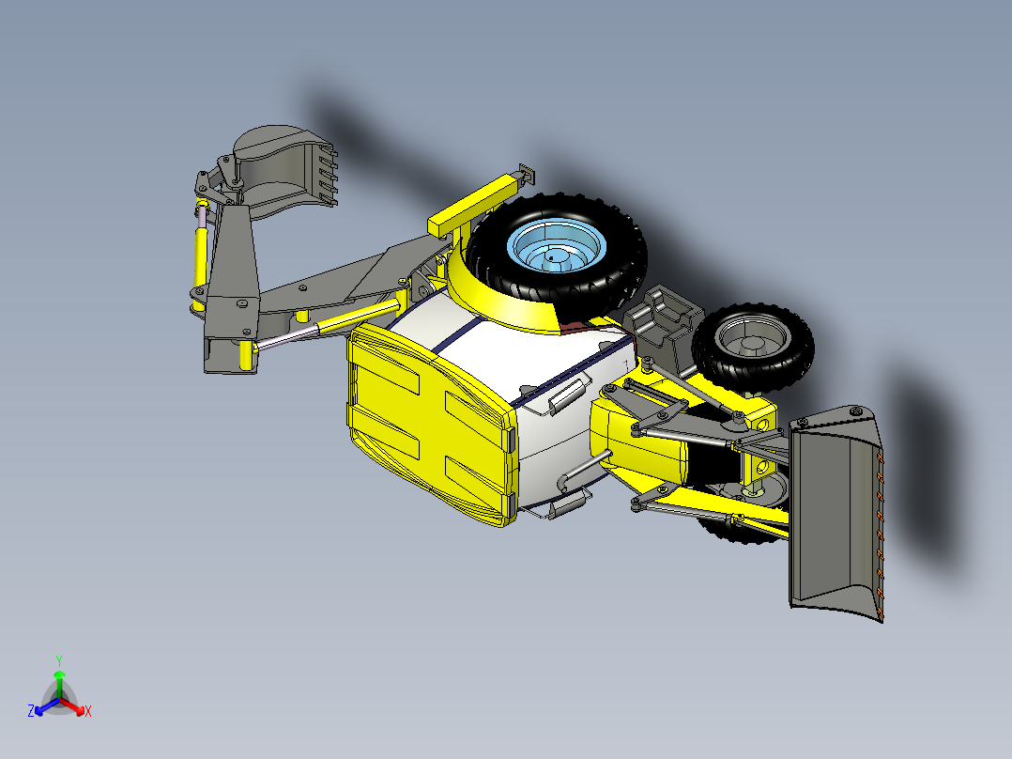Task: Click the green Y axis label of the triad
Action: [58, 660]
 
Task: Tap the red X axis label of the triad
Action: [88, 712]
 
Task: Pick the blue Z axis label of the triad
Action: [30, 712]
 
